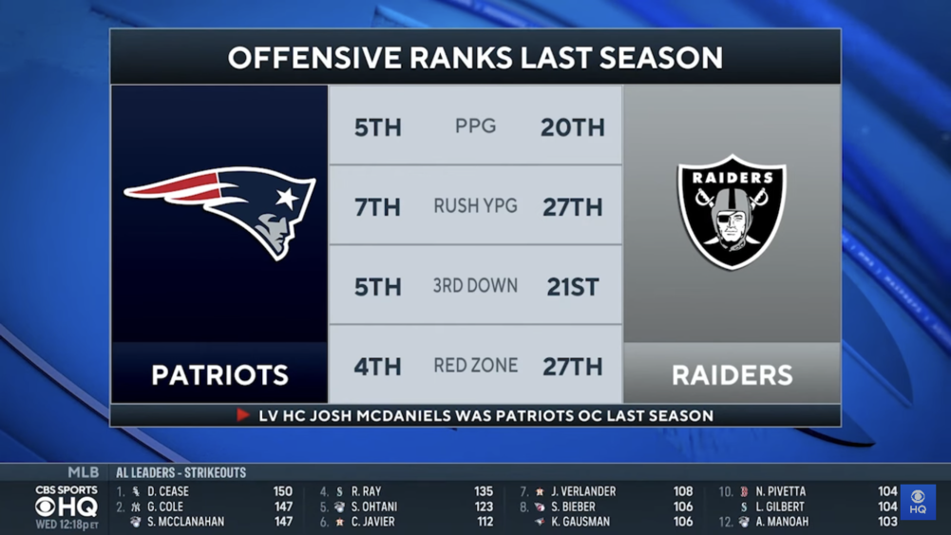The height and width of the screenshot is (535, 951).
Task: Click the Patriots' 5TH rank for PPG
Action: (x=378, y=127)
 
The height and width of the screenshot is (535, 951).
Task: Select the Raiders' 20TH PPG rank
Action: (x=573, y=127)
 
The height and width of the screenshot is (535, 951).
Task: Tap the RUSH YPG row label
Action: (x=475, y=206)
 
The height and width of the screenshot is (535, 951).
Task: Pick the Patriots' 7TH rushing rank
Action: (x=378, y=207)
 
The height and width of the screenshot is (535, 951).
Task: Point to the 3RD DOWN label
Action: (x=475, y=286)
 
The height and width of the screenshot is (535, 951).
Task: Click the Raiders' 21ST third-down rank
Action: (x=573, y=287)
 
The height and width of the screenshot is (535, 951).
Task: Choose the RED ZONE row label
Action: (x=475, y=365)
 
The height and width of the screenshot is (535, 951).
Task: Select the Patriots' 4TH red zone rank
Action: (x=377, y=367)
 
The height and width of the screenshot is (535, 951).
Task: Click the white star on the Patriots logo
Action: (x=287, y=198)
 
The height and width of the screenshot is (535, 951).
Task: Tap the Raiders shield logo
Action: (x=732, y=211)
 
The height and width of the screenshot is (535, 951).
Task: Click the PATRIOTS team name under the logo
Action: (x=219, y=374)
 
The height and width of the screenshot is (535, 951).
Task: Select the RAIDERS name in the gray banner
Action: (x=732, y=374)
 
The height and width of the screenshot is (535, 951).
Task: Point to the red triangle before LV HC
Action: (x=242, y=415)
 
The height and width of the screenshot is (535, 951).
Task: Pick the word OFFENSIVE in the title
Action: (x=315, y=58)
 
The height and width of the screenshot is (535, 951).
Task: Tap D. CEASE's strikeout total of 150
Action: (x=282, y=491)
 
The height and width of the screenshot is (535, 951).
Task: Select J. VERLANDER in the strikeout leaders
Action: (x=582, y=491)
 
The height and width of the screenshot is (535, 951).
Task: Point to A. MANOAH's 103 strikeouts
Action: (x=887, y=521)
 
